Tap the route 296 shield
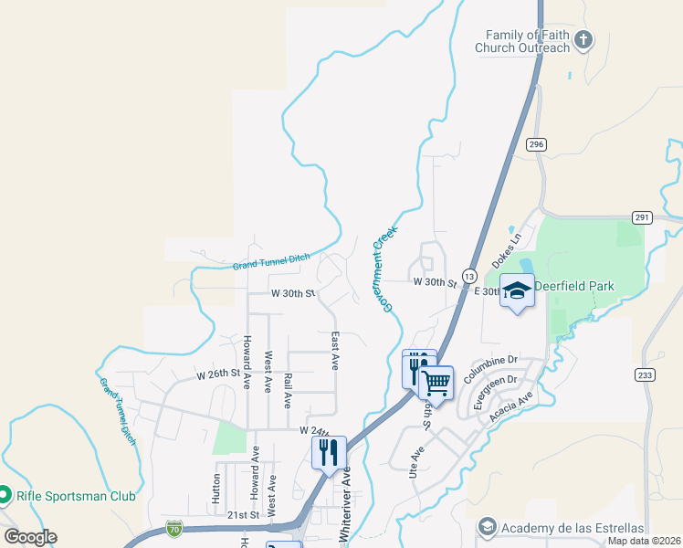tap(536, 144)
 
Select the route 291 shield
tap(642, 216)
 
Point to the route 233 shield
tap(645, 374)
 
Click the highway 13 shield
tap(469, 275)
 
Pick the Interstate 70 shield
tap(174, 528)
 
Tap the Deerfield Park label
tap(574, 286)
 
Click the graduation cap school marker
tap(517, 290)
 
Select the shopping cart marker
tap(436, 382)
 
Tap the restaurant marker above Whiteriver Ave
tap(329, 451)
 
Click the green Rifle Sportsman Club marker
tap(5, 496)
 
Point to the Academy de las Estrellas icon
tap(487, 528)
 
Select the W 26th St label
tap(217, 374)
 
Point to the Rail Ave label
tap(288, 389)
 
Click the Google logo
tap(30, 537)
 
